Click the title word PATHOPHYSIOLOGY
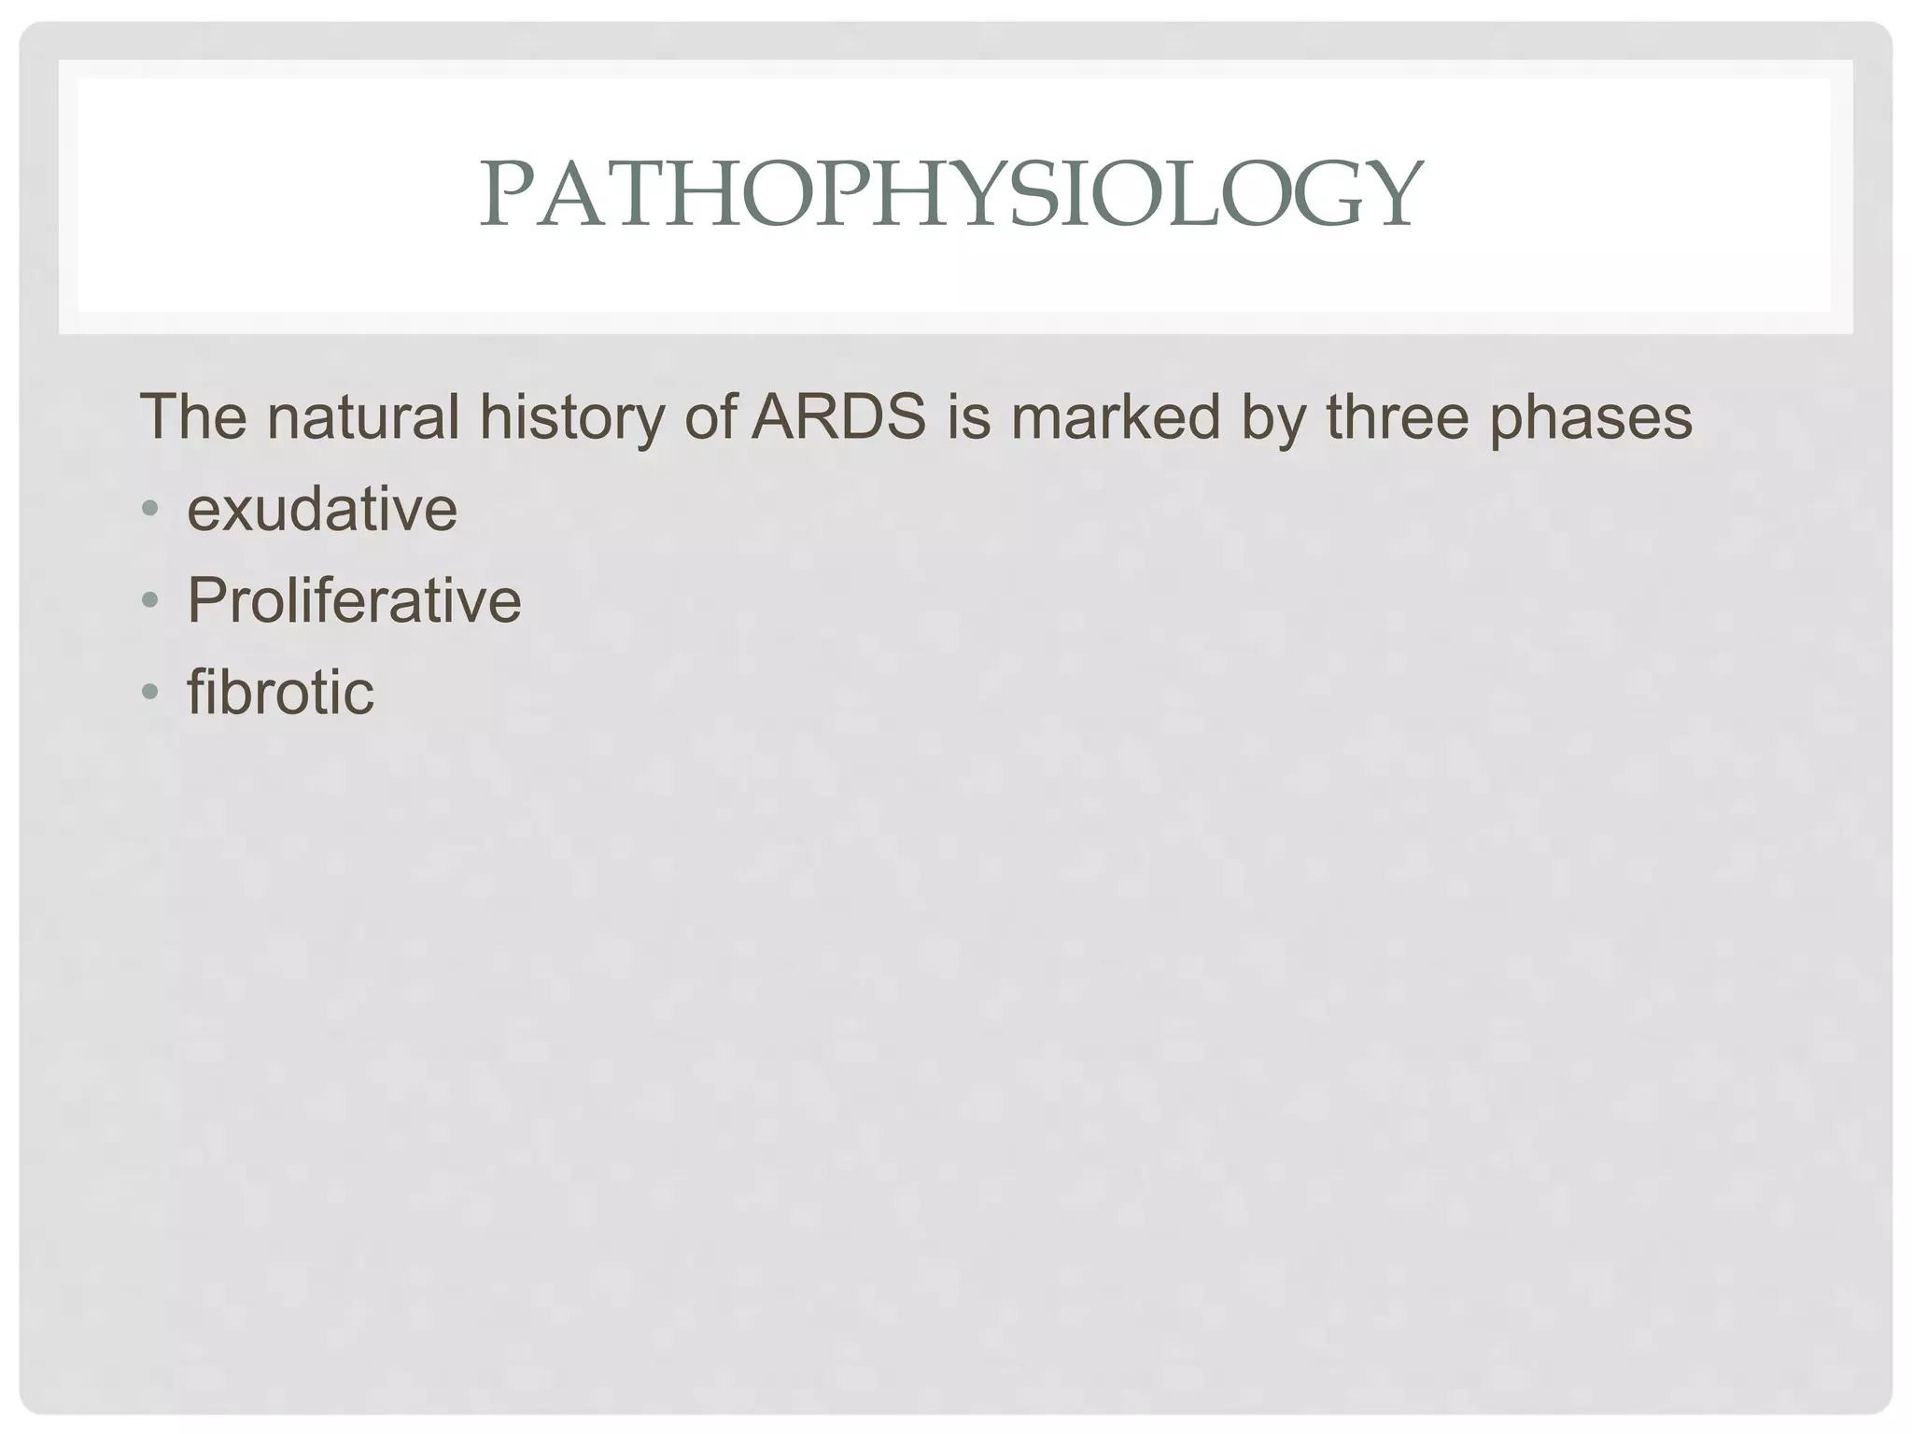pyautogui.click(x=950, y=194)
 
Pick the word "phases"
pyautogui.click(x=1590, y=418)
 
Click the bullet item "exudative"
pyautogui.click(x=322, y=510)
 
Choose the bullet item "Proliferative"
pyautogui.click(x=354, y=600)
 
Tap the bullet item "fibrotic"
pyautogui.click(x=280, y=692)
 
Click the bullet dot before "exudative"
pyautogui.click(x=149, y=510)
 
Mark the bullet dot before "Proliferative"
pyautogui.click(x=149, y=600)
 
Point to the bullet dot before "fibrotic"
pyautogui.click(x=149, y=692)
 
